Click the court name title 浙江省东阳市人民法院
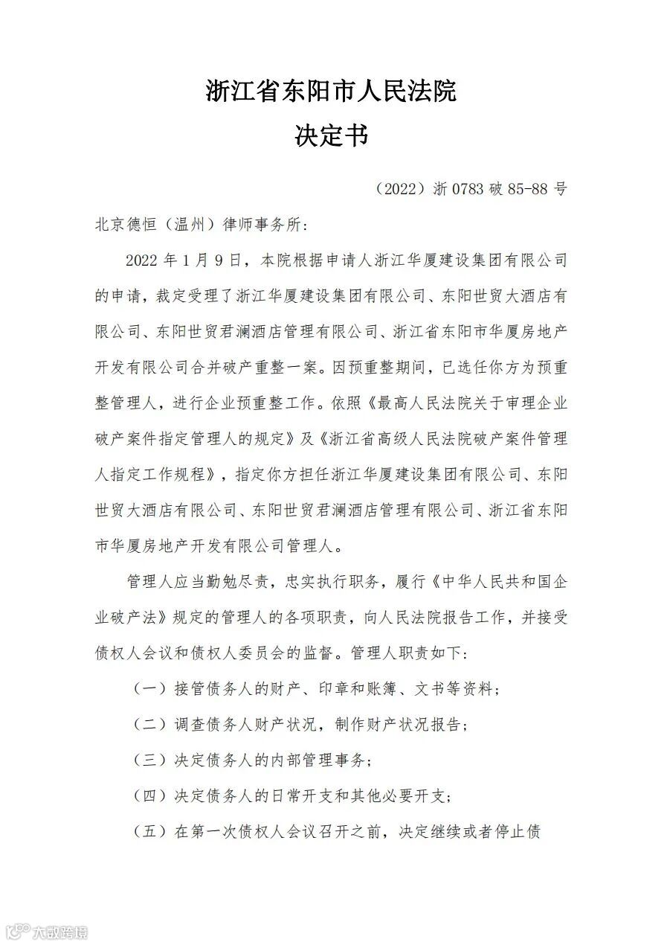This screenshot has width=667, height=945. coord(331,92)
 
